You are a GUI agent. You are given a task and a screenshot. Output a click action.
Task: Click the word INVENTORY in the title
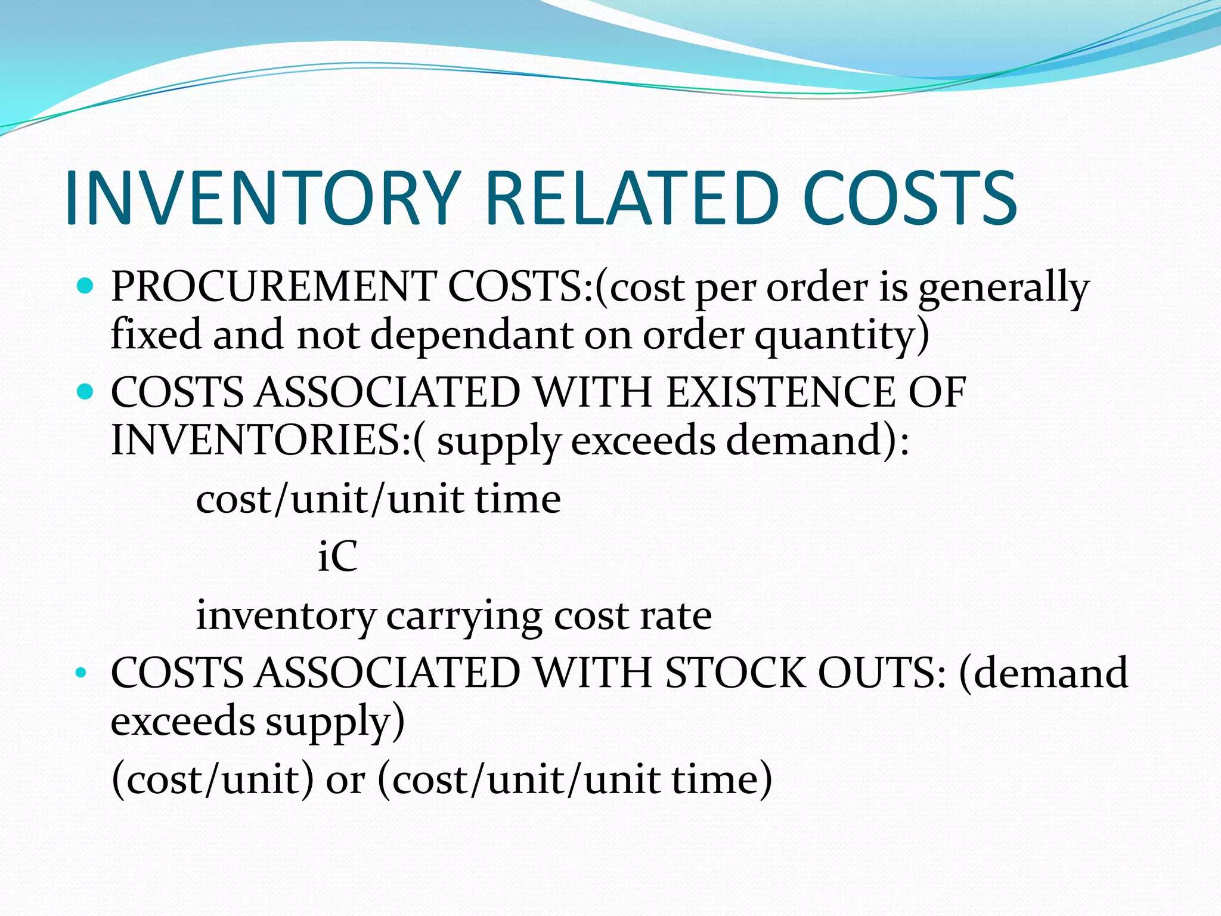pyautogui.click(x=262, y=199)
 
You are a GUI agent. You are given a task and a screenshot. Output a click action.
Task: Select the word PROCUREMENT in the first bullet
pyautogui.click(x=273, y=287)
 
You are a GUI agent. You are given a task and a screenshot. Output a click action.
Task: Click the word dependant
pyautogui.click(x=471, y=335)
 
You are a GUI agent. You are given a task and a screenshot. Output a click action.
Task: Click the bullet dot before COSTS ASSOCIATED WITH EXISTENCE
pyautogui.click(x=86, y=392)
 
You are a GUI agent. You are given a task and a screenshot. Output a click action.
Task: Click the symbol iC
pyautogui.click(x=337, y=556)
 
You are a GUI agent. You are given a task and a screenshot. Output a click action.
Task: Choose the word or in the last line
pyautogui.click(x=345, y=780)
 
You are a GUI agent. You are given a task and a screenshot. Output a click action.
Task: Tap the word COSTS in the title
pyautogui.click(x=910, y=199)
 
